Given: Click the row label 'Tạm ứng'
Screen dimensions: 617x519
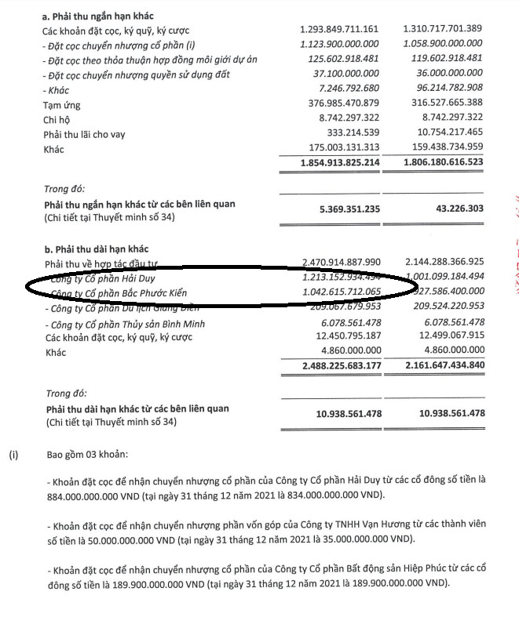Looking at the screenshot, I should (62, 105).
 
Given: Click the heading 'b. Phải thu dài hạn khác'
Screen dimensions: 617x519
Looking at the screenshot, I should (96, 246).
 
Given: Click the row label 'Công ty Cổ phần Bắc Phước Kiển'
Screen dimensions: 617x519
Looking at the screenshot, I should (124, 292).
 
